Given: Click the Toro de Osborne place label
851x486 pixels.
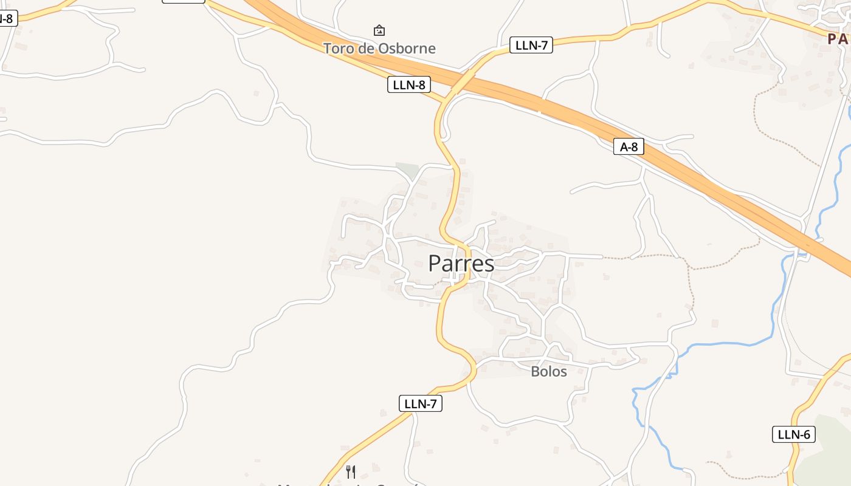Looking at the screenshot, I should [x=379, y=48].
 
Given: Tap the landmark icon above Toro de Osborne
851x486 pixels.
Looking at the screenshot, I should [x=379, y=30].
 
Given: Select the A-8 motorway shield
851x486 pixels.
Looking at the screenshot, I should [x=628, y=146].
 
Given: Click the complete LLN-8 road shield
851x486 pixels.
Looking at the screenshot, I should [x=408, y=85].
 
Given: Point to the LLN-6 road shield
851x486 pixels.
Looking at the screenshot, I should [x=794, y=434].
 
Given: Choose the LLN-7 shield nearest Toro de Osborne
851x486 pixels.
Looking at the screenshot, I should [x=531, y=45].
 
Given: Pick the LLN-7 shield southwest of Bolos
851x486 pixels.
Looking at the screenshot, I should [x=420, y=403].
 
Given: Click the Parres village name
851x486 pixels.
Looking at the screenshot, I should [x=461, y=264].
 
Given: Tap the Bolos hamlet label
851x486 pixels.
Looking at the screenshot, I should [x=548, y=371].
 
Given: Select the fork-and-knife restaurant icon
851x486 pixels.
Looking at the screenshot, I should [x=351, y=471].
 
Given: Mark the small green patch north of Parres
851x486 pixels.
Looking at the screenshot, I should [x=407, y=170].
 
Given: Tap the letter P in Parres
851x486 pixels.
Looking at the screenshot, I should [x=435, y=264].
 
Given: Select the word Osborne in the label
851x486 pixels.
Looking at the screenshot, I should [x=406, y=48].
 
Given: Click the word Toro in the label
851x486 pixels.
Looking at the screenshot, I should [x=337, y=48].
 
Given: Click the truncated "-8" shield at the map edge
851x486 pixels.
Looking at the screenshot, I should [x=7, y=18].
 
